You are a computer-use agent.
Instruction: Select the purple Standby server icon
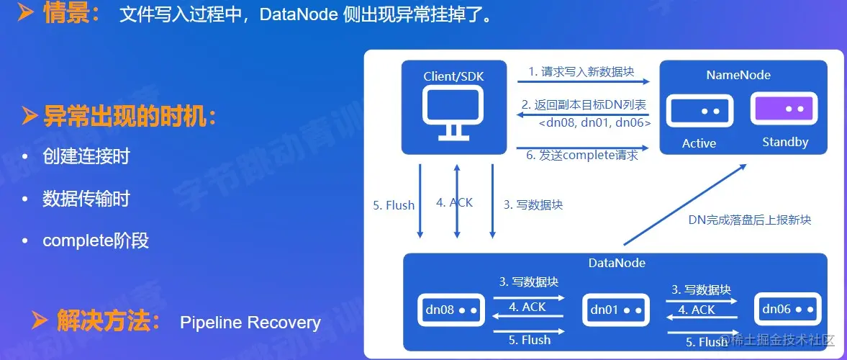tap(784, 110)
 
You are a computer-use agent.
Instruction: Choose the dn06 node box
tap(788, 310)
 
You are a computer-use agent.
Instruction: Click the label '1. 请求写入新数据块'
tap(582, 71)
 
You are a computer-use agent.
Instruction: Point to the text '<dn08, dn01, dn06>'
tap(594, 123)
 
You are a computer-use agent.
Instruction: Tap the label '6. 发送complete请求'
tap(582, 155)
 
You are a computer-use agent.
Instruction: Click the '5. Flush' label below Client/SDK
tap(394, 205)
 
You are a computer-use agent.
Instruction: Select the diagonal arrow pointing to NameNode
tap(684, 203)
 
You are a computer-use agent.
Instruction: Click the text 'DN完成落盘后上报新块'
tap(749, 220)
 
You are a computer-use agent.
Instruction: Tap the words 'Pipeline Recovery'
tap(250, 322)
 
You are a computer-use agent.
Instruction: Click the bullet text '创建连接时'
tap(86, 156)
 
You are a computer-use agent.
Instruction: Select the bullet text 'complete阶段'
tap(96, 240)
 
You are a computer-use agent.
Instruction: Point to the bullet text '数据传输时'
tap(86, 199)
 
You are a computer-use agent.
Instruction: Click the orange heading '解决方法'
tap(108, 321)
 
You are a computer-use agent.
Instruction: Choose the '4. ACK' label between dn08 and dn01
tap(527, 307)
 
